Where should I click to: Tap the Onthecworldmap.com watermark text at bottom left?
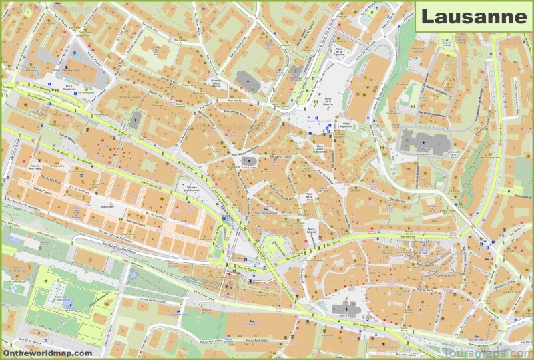click(x=47, y=352)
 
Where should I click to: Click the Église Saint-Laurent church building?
click(x=249, y=162)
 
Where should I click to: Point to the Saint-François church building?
click(x=346, y=309)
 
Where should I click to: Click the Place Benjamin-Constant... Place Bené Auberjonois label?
click(x=323, y=148)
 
